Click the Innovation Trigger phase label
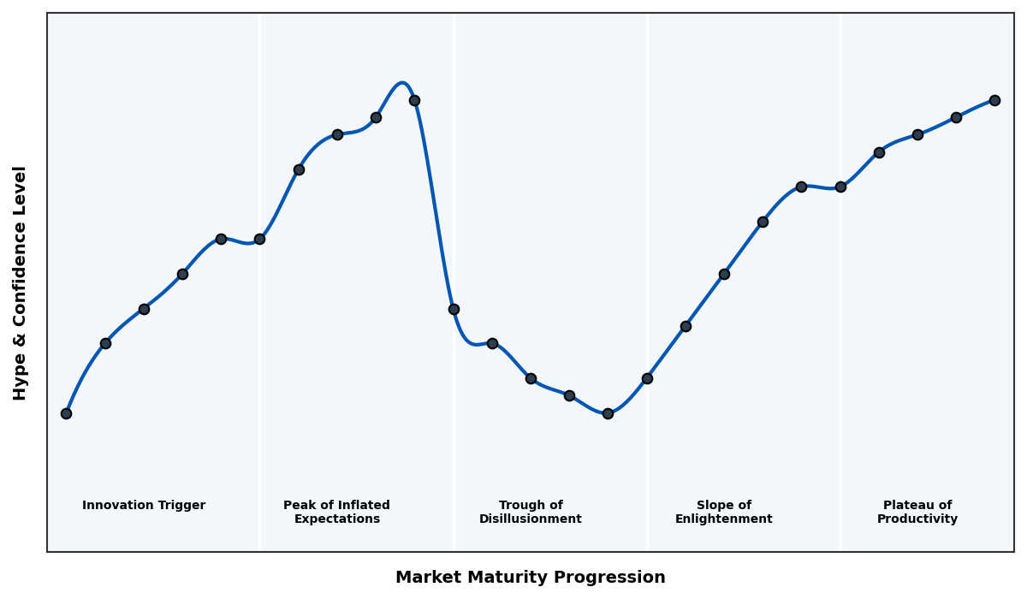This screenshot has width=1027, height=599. [144, 506]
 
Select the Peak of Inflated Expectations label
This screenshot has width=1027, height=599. [336, 512]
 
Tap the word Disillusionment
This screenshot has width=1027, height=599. [531, 519]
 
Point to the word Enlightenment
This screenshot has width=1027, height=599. [724, 519]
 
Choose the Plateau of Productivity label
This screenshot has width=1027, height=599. [917, 512]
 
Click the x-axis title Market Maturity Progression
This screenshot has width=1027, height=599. [530, 578]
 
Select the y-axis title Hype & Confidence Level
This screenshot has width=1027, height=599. [21, 282]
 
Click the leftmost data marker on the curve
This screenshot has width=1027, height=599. [66, 413]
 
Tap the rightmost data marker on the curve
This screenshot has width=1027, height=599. [994, 100]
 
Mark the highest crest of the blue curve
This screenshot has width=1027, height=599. [401, 83]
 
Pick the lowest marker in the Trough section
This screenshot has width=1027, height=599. [608, 413]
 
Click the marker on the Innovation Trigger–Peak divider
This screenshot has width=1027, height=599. [259, 239]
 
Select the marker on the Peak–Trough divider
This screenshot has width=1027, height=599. [454, 309]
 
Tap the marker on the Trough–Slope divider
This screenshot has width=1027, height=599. [647, 378]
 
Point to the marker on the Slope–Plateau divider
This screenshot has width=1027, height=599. [840, 187]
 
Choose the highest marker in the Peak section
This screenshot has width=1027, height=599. [414, 100]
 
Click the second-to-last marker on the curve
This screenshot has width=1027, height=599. [956, 117]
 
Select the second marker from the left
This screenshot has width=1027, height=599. [105, 343]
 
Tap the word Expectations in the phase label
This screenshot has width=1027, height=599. [336, 519]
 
